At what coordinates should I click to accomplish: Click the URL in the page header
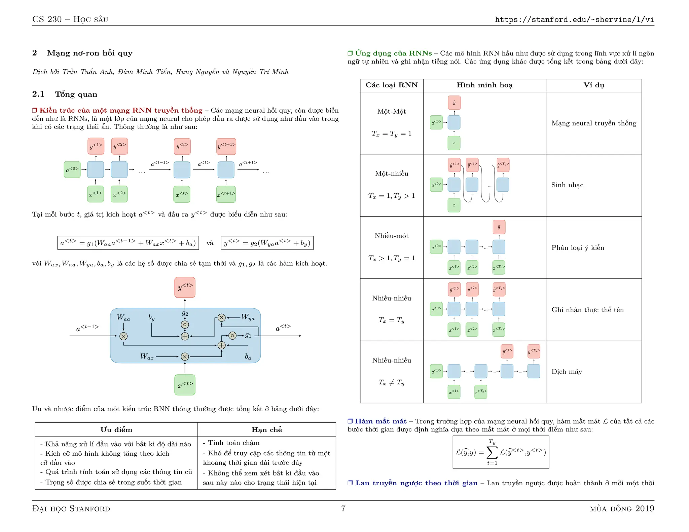574,20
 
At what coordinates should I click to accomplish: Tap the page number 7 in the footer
343,508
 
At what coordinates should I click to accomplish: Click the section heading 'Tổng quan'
76,94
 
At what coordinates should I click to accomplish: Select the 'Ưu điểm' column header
116,429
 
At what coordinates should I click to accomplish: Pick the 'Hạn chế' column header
266,429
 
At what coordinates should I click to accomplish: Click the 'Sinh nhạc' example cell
567,185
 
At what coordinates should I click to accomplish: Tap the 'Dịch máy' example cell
567,372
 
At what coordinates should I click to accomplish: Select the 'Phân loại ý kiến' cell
578,248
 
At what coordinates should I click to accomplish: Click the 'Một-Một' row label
392,111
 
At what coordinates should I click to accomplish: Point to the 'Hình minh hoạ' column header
484,85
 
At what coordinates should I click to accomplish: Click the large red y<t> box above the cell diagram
185,287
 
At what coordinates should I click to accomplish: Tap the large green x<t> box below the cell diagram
185,385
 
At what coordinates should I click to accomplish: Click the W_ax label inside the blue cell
147,356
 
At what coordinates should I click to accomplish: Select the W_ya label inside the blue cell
248,317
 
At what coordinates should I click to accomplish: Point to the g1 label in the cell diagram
248,335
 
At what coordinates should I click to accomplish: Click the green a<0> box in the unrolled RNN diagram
72,169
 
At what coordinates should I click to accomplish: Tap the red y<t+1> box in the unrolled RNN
226,146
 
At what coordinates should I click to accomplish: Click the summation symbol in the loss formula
492,452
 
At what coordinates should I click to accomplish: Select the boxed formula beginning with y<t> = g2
267,243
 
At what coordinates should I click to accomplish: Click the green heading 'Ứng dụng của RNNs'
393,53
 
